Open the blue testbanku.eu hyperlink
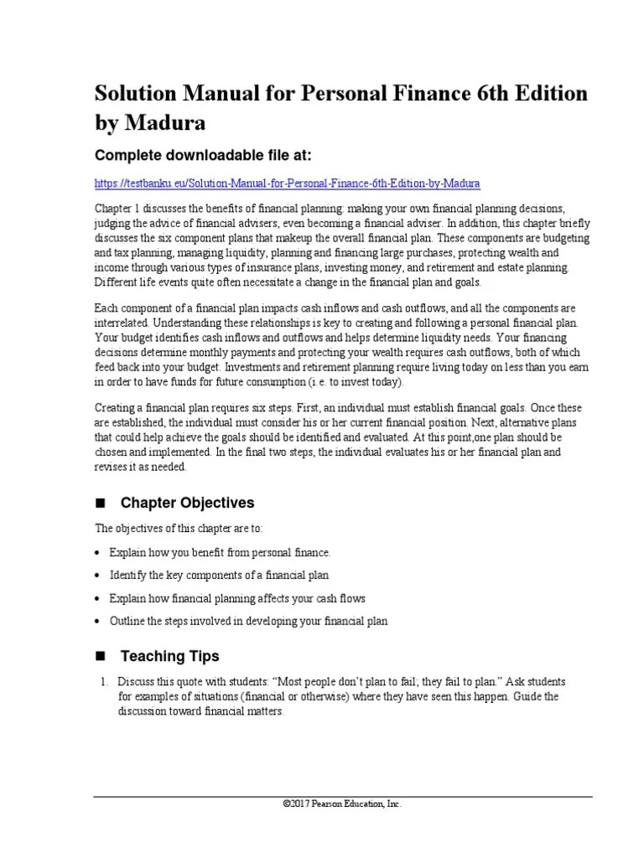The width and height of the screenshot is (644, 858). click(288, 183)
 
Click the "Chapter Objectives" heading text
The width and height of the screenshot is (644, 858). click(187, 503)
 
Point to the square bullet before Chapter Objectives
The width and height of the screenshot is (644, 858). click(102, 504)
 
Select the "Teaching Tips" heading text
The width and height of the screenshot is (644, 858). click(170, 655)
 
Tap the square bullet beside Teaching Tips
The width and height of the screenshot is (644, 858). click(102, 656)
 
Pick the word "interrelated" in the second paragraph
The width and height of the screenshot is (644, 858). click(122, 323)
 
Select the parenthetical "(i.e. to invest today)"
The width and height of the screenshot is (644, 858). click(349, 382)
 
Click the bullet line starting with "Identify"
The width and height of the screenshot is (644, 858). click(220, 576)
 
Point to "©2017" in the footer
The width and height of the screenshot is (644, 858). click(297, 804)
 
